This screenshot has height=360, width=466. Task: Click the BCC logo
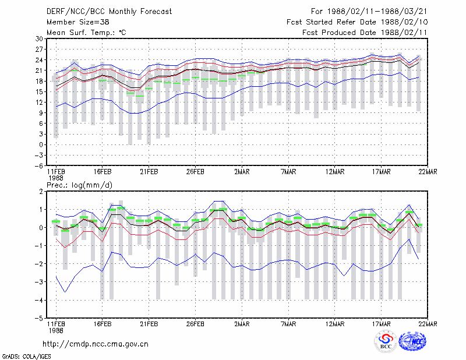coord(386,342)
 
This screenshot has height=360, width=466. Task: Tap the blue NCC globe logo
coord(413,341)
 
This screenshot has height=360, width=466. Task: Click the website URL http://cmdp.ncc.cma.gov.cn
coord(96,344)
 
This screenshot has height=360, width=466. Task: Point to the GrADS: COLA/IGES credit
coord(27,357)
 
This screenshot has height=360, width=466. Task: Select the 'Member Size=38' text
coord(78,22)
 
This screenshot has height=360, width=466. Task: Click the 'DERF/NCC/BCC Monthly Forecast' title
coord(109,12)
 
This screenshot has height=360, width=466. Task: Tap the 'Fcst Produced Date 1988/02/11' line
coord(365,33)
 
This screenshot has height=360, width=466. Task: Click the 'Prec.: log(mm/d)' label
coord(79,185)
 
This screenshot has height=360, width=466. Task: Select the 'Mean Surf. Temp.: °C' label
coord(86,33)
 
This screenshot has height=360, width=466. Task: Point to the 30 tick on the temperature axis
coord(39,38)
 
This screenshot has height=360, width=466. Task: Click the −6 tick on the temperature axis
coord(38,166)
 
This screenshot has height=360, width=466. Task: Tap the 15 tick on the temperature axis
coord(39,92)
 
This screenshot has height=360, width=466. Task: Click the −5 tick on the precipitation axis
coord(38,319)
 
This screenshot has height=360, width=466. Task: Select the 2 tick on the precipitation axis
coord(41,192)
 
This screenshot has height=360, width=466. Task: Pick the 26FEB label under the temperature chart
coord(195,172)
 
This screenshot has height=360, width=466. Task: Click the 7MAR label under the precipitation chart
coord(288,324)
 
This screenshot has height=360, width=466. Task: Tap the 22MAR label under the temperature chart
coord(428,172)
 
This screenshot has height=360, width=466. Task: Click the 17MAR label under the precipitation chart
coord(382,324)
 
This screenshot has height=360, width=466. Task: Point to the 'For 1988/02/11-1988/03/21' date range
coord(369,12)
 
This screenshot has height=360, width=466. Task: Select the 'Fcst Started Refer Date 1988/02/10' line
coord(357,22)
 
